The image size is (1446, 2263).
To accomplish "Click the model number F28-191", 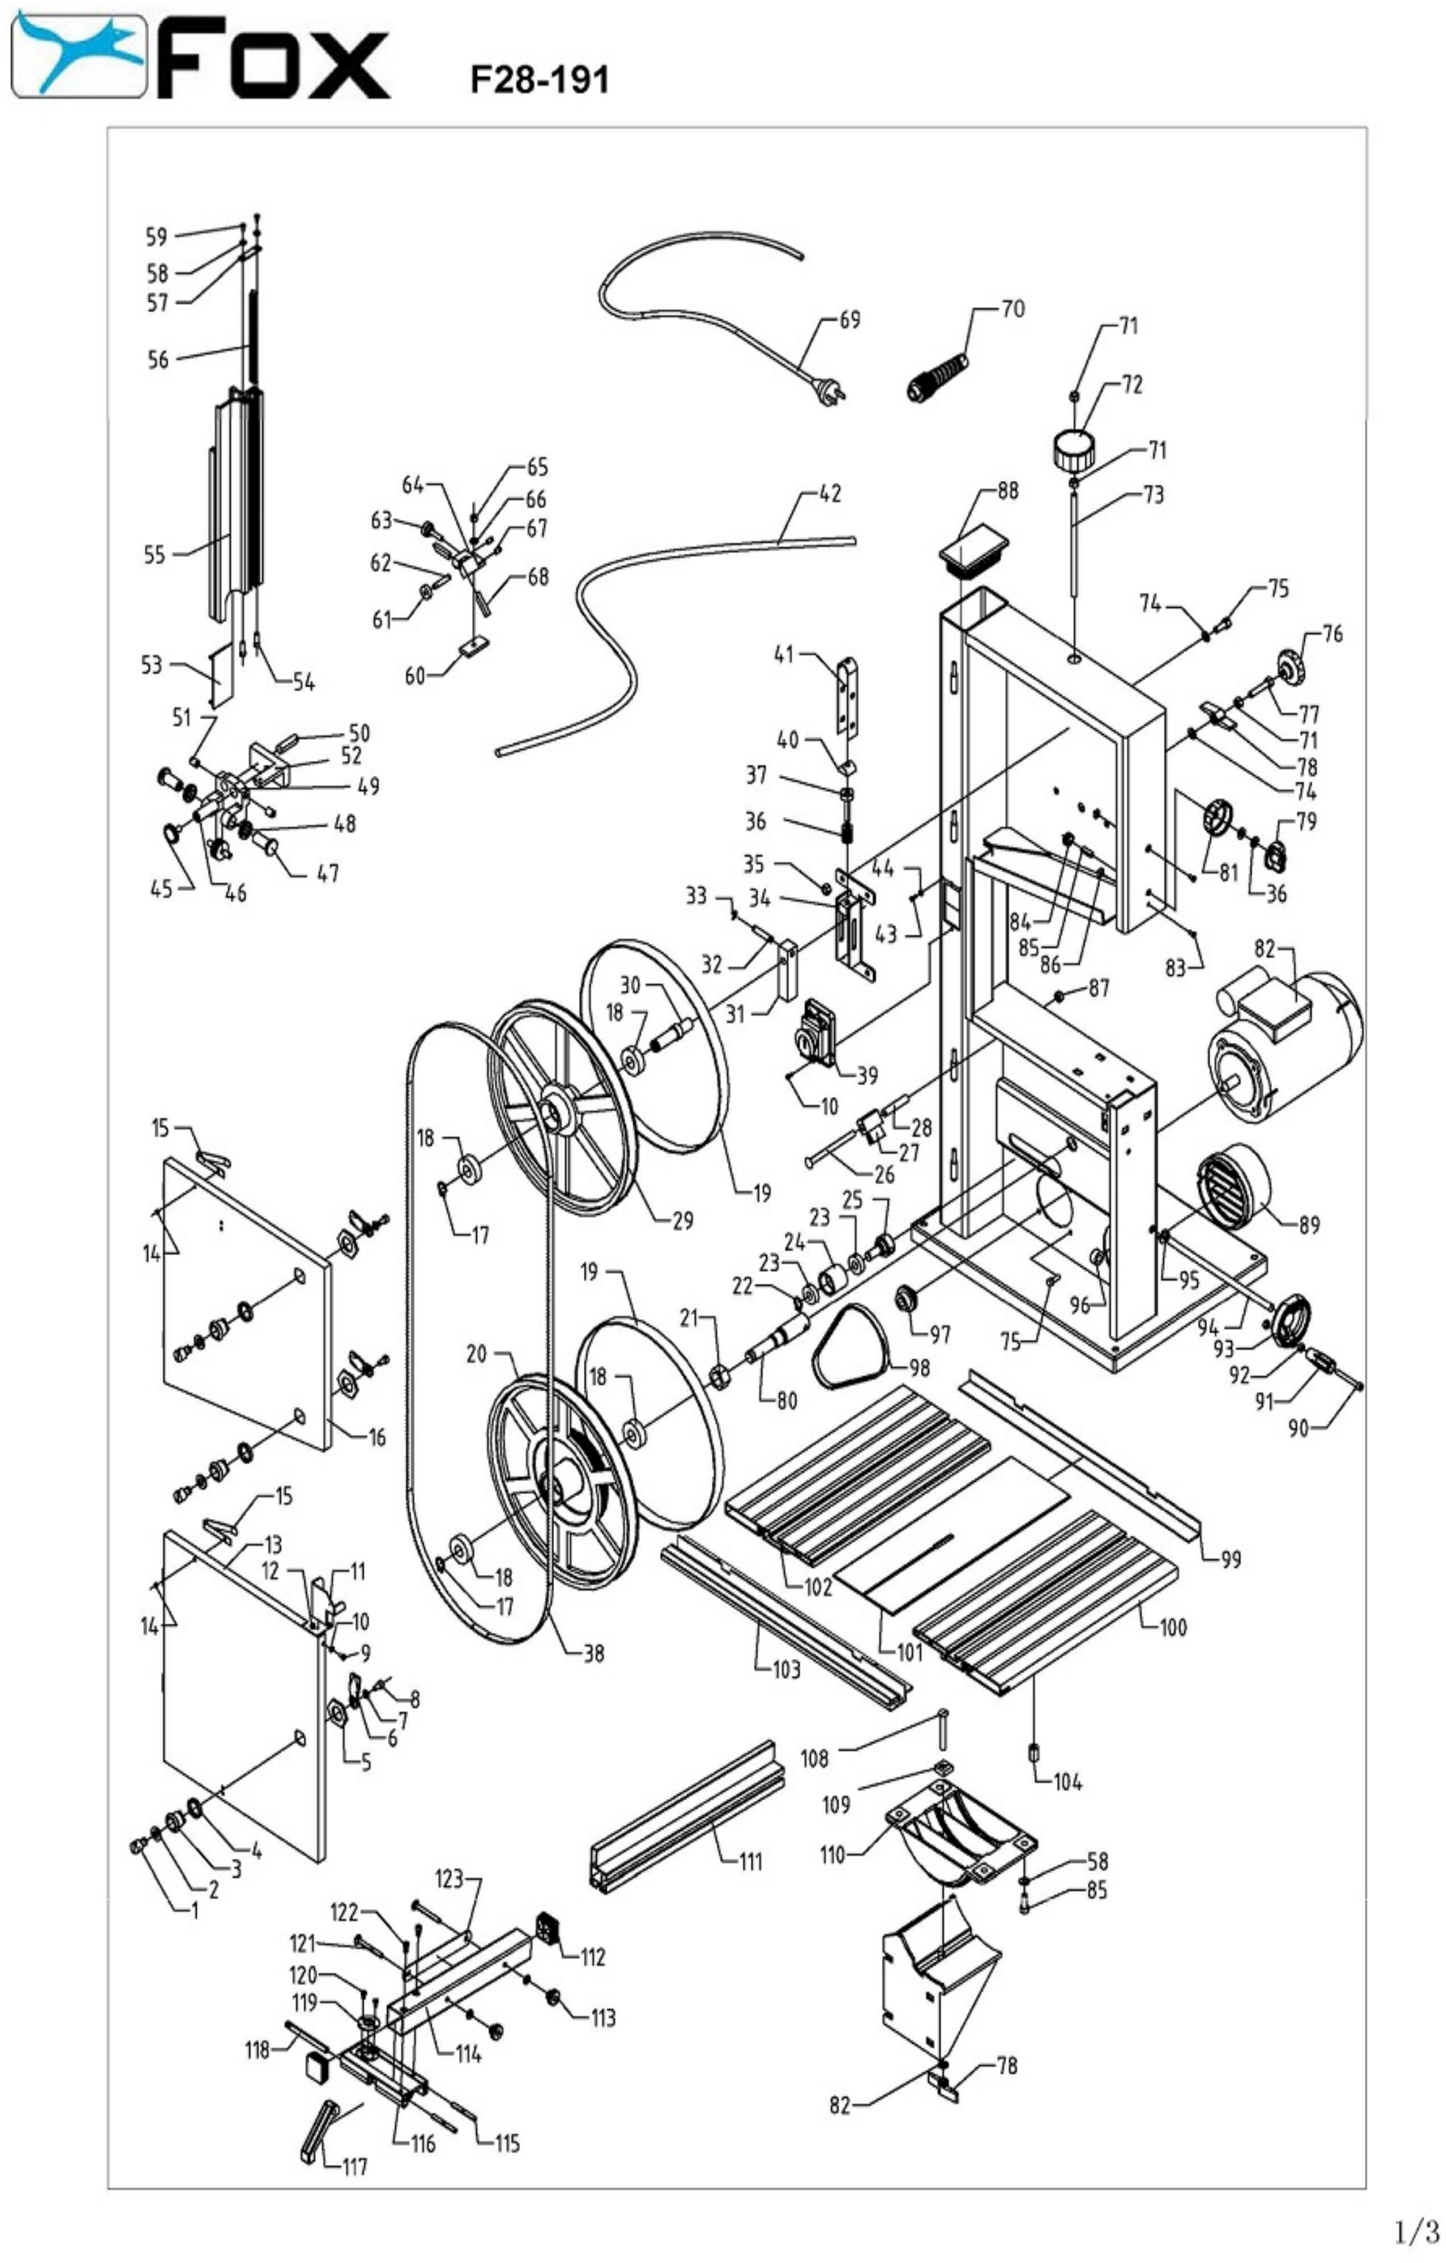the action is point(539,80).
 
